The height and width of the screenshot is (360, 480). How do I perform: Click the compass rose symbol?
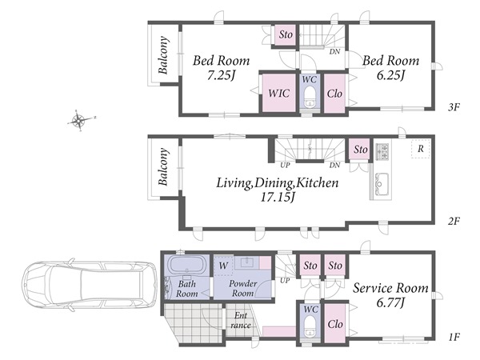coord(80,120)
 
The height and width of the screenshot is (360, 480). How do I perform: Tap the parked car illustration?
coord(89,285)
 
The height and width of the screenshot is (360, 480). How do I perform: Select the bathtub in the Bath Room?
coord(186,265)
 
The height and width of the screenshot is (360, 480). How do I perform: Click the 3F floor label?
coord(454,107)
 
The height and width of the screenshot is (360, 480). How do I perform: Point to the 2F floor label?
coord(454,221)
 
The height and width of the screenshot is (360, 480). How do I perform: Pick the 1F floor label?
coord(454,338)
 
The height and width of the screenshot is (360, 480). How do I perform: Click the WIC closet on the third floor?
coord(278,93)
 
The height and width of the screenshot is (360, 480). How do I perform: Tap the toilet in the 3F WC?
coord(310,97)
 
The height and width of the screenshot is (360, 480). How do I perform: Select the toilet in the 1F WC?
coord(310,327)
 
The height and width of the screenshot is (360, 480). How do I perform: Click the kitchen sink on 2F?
coord(382,183)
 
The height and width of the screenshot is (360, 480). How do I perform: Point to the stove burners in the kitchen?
coord(382,151)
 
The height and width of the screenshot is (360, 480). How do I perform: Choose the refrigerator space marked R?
coord(421,149)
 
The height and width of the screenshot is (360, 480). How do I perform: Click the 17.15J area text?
coord(278,198)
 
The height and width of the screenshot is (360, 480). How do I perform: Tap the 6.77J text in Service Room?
coord(390,303)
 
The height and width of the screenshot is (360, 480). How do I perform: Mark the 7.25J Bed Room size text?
coord(221,75)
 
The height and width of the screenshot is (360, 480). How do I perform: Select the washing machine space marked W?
coord(223,266)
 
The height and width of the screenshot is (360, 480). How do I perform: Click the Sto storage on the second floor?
coord(361,150)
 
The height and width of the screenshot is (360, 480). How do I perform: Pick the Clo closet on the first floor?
coord(335,323)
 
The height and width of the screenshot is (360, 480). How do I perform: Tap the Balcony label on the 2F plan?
coord(163,167)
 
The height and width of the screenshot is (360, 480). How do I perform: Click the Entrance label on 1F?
coord(241,320)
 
